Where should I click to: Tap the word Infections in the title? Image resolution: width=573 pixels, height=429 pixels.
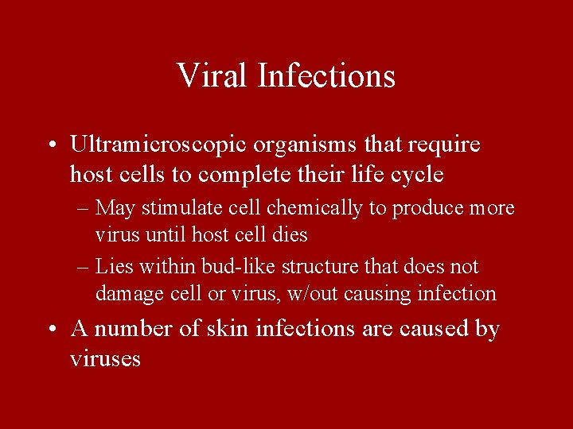click(x=327, y=76)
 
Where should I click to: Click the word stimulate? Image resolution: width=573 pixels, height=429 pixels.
click(x=179, y=208)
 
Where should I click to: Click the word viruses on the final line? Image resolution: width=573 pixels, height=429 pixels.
click(x=105, y=359)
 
